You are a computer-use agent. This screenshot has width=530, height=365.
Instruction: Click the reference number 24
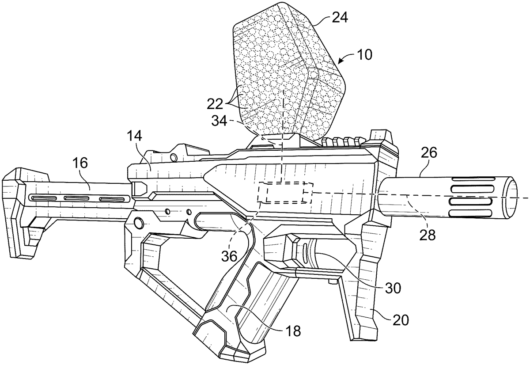(x=340, y=18)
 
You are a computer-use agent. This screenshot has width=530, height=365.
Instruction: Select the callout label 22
(x=215, y=104)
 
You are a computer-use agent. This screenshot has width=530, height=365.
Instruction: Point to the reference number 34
(x=219, y=122)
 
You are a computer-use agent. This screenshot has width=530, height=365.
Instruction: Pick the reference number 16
(x=80, y=163)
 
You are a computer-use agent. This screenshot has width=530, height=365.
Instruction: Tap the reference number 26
(x=429, y=153)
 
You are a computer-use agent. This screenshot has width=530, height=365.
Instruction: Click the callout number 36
(x=229, y=256)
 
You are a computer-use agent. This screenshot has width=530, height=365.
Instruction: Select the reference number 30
(x=393, y=288)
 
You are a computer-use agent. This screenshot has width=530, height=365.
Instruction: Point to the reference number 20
(x=401, y=320)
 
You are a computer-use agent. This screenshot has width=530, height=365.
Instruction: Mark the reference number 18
(x=293, y=331)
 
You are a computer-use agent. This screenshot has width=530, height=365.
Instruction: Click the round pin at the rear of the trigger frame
(x=138, y=223)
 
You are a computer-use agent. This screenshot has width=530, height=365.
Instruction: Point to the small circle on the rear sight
(x=174, y=157)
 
